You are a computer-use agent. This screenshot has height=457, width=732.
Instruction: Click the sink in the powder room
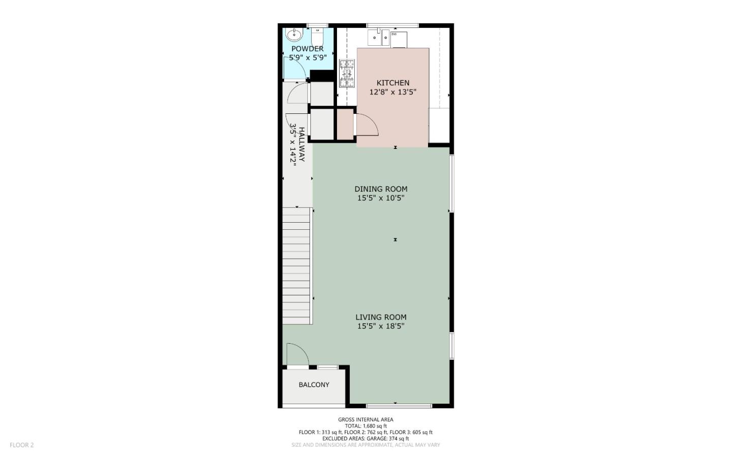click(294, 35)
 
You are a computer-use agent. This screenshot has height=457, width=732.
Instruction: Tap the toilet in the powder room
click(317, 37)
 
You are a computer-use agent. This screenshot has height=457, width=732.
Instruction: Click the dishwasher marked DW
click(399, 39)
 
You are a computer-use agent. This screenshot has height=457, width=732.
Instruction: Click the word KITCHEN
click(393, 83)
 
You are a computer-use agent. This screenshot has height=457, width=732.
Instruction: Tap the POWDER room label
click(307, 49)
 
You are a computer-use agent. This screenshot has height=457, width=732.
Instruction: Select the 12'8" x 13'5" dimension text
click(393, 93)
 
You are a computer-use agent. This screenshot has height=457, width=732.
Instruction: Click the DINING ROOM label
click(381, 189)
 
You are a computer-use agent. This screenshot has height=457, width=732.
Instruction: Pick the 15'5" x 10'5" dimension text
click(381, 198)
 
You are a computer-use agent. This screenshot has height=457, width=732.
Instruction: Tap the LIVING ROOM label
click(381, 317)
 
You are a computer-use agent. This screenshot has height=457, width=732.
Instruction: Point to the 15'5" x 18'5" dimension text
click(381, 326)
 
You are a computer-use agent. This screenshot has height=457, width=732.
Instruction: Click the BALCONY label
click(314, 385)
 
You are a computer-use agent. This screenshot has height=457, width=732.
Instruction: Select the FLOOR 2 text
click(22, 445)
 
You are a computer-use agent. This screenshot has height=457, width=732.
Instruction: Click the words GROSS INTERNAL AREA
click(365, 420)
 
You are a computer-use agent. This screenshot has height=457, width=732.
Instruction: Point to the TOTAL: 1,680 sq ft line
click(365, 426)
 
